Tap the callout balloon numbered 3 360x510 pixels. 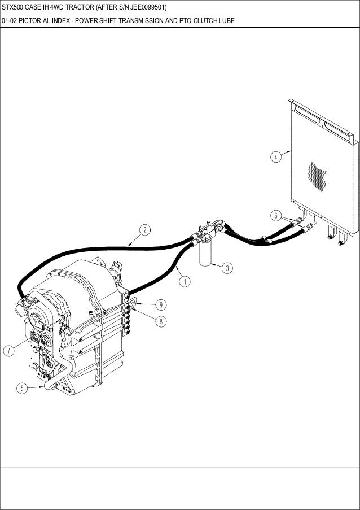point(226,268)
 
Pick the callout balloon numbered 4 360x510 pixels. point(275,156)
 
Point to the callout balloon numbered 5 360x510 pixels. point(21,388)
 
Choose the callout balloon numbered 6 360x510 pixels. point(275,215)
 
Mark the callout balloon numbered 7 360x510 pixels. point(10,351)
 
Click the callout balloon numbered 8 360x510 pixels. point(161,321)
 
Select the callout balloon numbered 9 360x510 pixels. point(161,305)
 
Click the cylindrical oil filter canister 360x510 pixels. point(204,253)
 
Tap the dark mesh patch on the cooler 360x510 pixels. point(319,175)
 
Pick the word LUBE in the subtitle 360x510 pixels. point(226,21)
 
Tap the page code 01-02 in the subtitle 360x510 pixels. point(9,21)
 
